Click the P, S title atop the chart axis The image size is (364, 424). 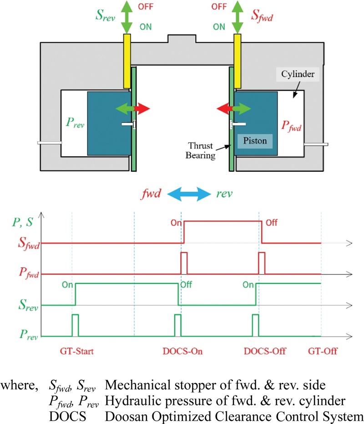(25, 223)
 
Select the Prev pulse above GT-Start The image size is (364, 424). (76, 324)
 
